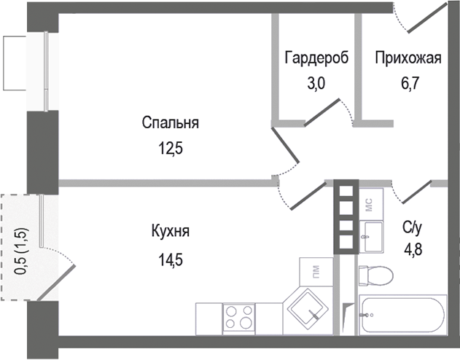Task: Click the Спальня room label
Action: click(170, 122)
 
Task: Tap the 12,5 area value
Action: click(171, 148)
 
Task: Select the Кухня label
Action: click(171, 231)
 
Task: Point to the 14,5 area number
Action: click(171, 259)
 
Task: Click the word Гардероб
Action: click(316, 58)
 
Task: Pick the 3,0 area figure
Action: click(316, 84)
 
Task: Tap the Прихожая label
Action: click(408, 58)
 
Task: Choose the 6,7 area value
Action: click(409, 84)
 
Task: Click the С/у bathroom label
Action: click(412, 227)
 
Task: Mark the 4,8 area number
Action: click(413, 250)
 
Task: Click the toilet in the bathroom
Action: click(376, 276)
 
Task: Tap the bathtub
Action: click(403, 315)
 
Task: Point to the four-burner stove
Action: click(239, 318)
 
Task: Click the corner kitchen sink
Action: click(308, 311)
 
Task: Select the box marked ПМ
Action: click(316, 272)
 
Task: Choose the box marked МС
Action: click(371, 204)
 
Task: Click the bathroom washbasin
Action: click(371, 237)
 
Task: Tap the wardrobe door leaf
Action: click(321, 112)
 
